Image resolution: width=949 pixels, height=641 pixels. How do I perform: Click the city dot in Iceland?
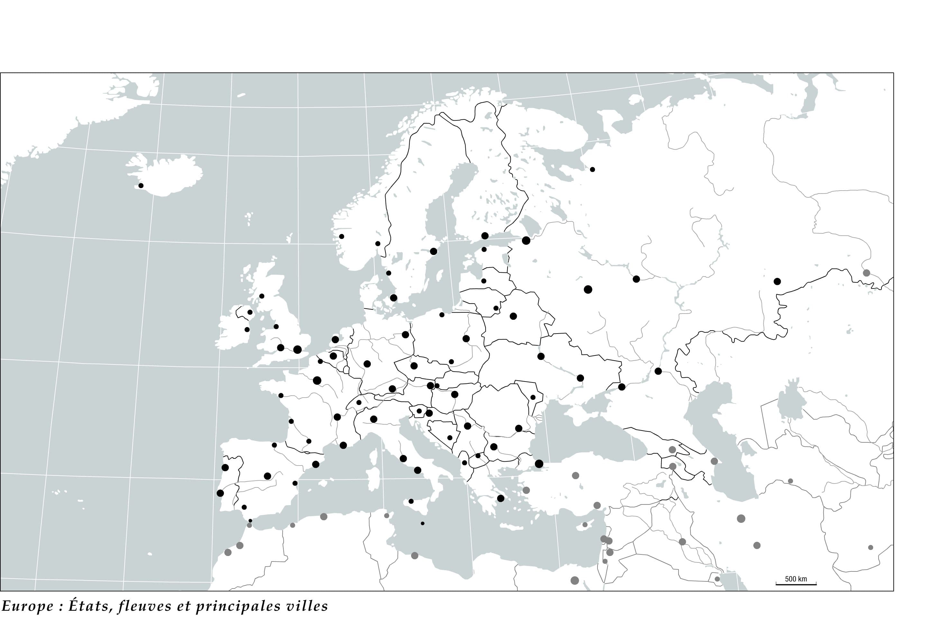141,185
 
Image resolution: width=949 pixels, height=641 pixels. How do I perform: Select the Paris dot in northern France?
317,381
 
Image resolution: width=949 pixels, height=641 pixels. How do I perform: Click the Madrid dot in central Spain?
268,476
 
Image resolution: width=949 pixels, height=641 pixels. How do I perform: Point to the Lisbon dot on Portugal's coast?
220,493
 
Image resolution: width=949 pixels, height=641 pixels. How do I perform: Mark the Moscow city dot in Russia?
588,289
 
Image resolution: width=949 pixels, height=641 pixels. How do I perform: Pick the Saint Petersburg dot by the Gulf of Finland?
526,240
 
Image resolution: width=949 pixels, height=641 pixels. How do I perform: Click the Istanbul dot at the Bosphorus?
539,464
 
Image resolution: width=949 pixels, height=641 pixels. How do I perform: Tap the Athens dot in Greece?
501,498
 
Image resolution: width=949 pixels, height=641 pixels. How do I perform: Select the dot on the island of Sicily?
411,501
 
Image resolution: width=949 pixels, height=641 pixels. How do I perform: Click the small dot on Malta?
423,523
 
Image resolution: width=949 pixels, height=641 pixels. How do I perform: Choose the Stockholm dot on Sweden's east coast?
434,251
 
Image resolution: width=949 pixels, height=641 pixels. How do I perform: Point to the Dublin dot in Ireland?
247,329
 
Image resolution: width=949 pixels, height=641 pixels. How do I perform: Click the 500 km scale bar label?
796,579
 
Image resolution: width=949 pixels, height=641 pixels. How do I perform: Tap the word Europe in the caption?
28,606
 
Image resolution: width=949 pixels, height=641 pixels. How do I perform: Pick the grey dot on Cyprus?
585,524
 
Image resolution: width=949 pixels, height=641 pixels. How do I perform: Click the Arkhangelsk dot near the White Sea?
592,169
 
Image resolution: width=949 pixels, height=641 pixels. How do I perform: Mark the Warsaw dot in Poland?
466,338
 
